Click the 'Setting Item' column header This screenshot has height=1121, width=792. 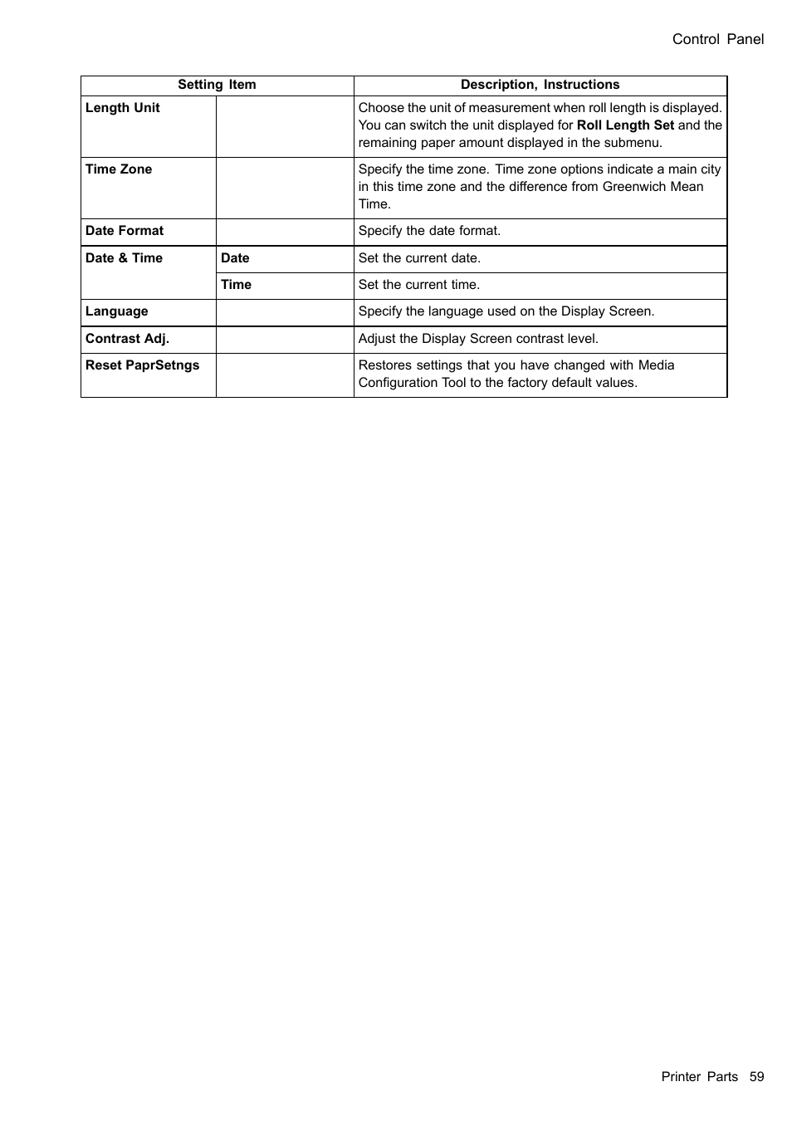point(217,85)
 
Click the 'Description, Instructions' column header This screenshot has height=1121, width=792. point(540,85)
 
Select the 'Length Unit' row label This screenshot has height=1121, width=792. point(123,108)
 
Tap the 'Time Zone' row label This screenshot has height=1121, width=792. point(119,169)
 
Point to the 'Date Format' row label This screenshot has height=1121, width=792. point(125,231)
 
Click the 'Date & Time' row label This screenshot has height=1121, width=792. point(124,258)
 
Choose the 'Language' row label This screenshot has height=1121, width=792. point(117,311)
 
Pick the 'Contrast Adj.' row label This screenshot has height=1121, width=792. point(127,339)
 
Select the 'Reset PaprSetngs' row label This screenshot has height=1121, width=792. point(142,365)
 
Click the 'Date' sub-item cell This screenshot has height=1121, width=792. point(235,258)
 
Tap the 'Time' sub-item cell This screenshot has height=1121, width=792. point(236,285)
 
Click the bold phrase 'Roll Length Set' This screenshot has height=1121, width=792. point(625,125)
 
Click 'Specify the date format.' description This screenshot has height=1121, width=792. point(429,231)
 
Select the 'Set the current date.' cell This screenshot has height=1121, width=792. point(419,258)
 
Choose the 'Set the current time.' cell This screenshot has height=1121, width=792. point(419,285)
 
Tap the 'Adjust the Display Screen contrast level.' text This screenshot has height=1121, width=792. point(478,339)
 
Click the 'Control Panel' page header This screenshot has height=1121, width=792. point(717,39)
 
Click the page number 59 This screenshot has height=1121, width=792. point(756,1077)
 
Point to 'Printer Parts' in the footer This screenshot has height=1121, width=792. point(699,1077)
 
